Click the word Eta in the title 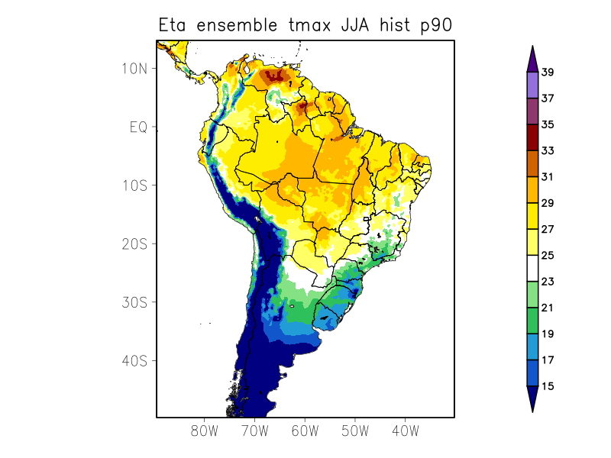pos(173,25)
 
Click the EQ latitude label pos(138,127)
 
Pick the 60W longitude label pos(305,431)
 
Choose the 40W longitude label pos(405,431)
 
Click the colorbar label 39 pos(548,73)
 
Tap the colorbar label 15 pos(548,386)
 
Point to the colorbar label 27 pos(548,229)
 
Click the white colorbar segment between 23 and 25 pos(532,269)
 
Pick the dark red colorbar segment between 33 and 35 pos(532,138)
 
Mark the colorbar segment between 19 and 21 pos(532,321)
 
